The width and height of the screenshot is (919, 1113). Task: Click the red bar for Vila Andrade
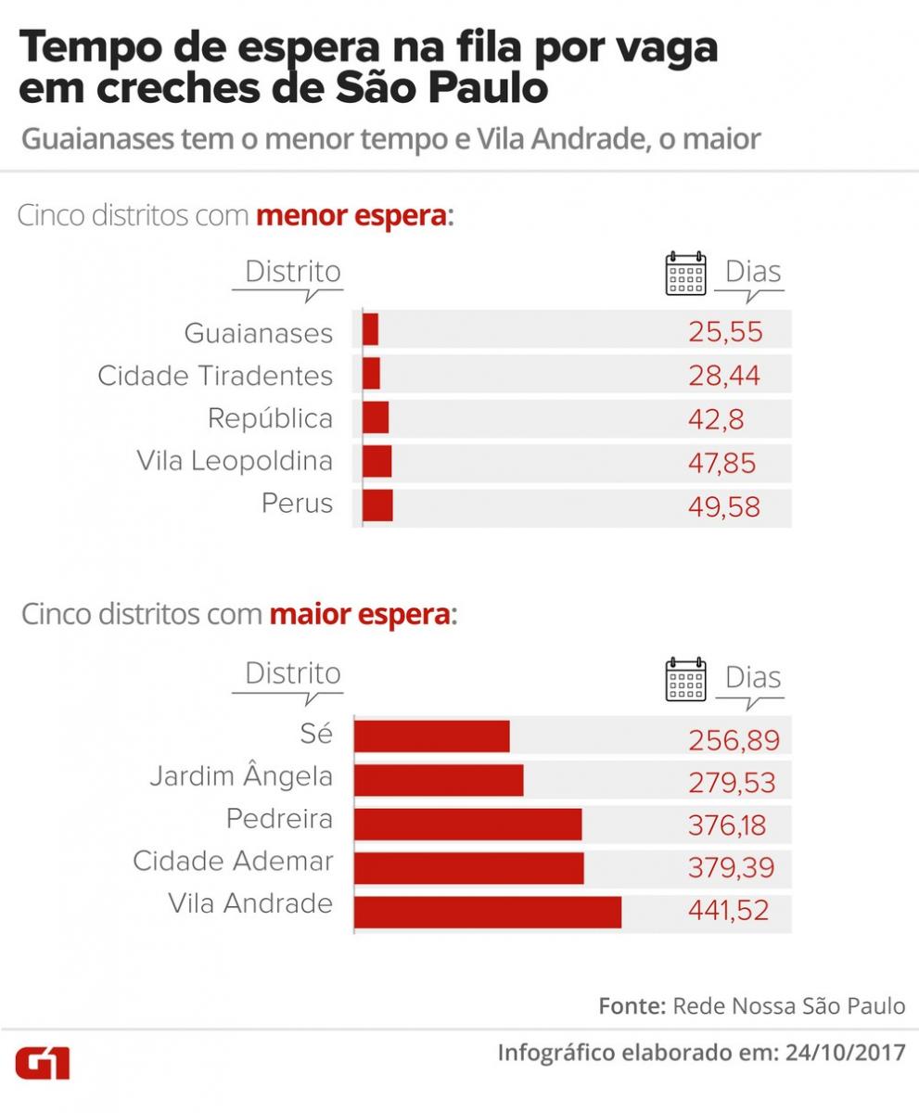coord(488,912)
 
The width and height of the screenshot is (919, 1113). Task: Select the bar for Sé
coord(432,736)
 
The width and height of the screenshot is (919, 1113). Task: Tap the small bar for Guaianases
coord(370,330)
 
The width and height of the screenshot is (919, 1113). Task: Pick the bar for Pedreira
coord(468,824)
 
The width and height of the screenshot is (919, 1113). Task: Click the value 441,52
coord(728,911)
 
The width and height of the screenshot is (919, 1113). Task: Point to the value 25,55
coord(725,332)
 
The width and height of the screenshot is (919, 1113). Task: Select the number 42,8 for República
coord(715,418)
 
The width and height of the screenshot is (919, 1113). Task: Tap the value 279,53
coord(731,783)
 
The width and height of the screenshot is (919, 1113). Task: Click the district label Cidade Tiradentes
coord(215,376)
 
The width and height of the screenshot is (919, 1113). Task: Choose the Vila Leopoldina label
coord(234,460)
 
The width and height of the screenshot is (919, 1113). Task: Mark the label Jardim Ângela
coord(241,776)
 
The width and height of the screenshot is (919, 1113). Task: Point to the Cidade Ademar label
coord(233,861)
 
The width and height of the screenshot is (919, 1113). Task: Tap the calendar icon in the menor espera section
coord(686,274)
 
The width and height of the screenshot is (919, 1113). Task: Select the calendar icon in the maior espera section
coord(686,679)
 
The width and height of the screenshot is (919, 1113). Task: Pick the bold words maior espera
coord(360,614)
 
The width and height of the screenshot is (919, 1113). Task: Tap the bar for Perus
coord(377,505)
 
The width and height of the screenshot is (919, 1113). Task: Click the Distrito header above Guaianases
coord(292,273)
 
